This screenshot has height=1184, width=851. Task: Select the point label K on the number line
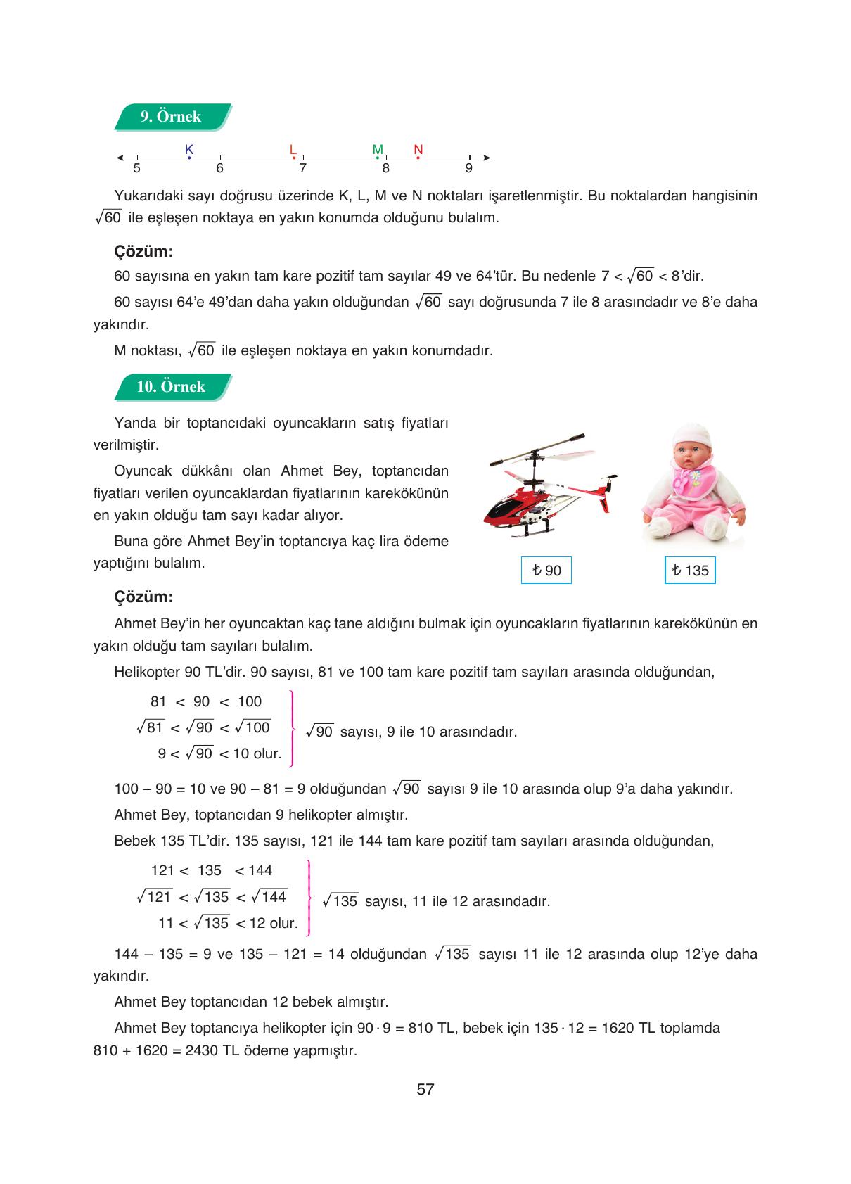click(x=188, y=149)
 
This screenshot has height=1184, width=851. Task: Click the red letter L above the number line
click(x=293, y=149)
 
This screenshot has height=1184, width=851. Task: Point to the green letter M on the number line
click(x=378, y=149)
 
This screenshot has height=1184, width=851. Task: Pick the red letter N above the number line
click(x=418, y=149)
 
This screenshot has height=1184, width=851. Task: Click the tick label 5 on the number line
click(x=136, y=169)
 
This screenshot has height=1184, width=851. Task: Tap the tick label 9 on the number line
click(x=468, y=169)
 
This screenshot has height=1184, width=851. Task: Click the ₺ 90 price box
click(x=546, y=571)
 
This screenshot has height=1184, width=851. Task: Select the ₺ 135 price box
click(x=689, y=571)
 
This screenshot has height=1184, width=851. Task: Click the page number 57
click(x=425, y=1090)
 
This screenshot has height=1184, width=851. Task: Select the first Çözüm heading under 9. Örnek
click(x=143, y=252)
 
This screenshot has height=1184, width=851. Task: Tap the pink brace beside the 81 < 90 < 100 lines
click(x=291, y=728)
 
